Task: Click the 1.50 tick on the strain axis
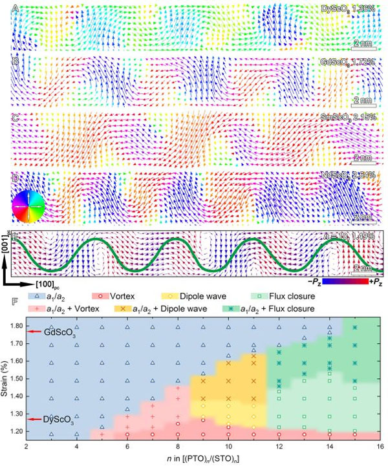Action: coord(19,379)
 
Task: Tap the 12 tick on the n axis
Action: coord(279,447)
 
